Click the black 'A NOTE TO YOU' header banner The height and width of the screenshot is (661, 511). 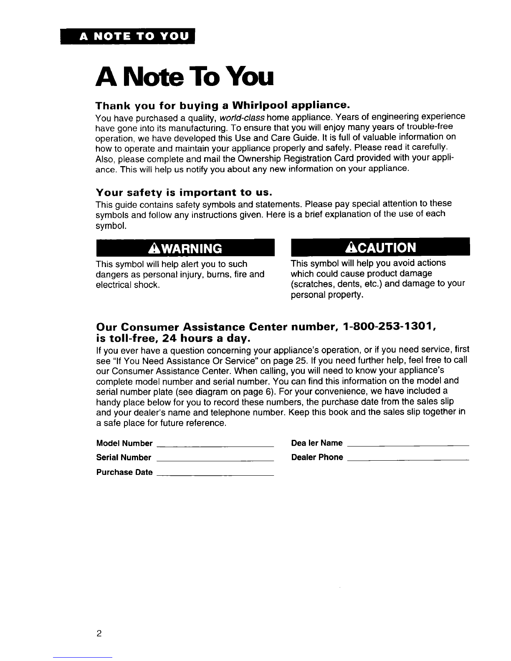129,37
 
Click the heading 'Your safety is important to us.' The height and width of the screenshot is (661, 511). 184,192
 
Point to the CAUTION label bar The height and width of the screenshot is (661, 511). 380,247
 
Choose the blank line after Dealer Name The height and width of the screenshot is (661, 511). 408,446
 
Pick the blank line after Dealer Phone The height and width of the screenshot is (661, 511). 408,460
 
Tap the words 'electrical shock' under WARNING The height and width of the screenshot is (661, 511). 126,285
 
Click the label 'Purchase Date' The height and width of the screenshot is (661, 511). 124,473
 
